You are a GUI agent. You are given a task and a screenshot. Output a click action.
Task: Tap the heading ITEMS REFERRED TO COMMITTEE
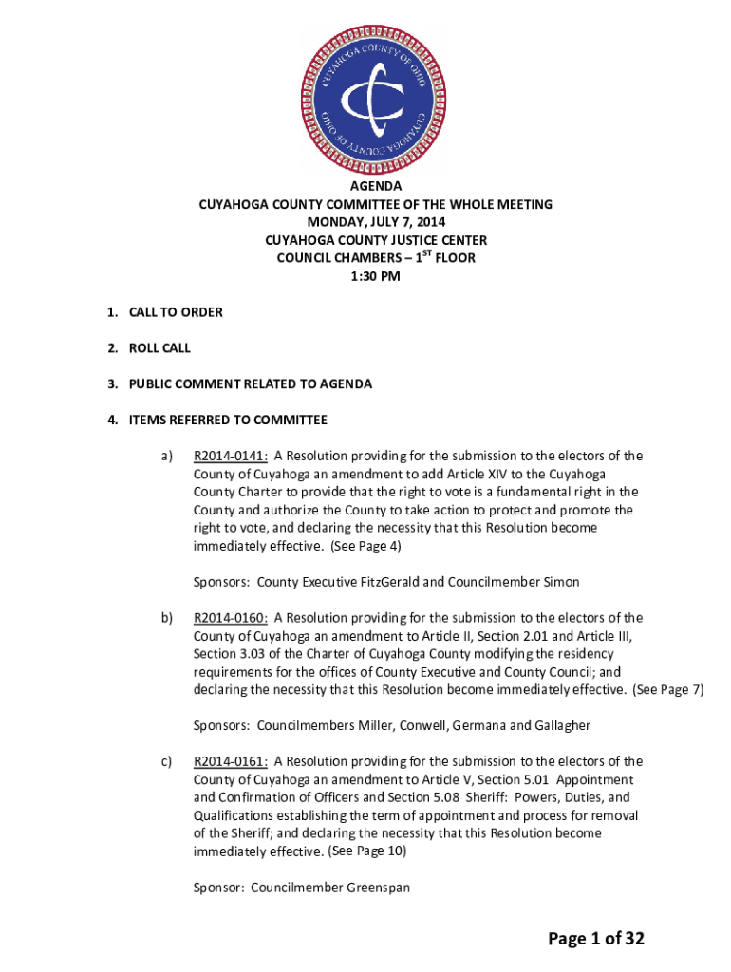tap(228, 421)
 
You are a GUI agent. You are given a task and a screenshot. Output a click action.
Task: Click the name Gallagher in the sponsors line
tap(556, 726)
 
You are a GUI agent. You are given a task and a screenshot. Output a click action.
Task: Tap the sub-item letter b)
tap(167, 618)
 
